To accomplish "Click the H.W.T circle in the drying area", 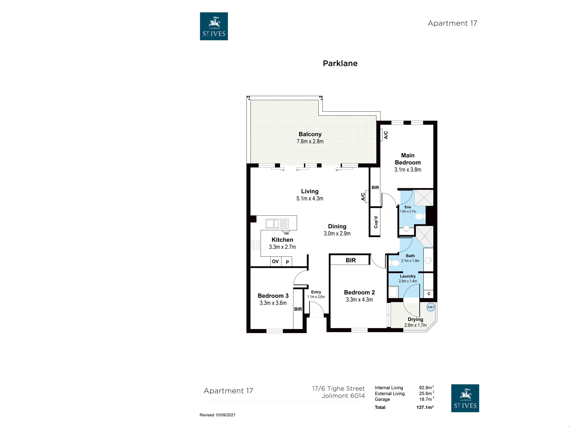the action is (431, 307).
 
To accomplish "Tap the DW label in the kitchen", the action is (286, 234).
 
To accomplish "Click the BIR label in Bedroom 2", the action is (351, 260).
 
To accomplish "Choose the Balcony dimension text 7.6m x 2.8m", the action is (310, 141).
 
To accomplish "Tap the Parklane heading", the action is (340, 63).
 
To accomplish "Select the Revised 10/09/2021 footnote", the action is (217, 415).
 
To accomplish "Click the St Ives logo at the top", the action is (214, 26).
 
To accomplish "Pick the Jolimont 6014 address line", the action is (343, 396).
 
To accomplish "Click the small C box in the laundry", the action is (429, 294).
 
